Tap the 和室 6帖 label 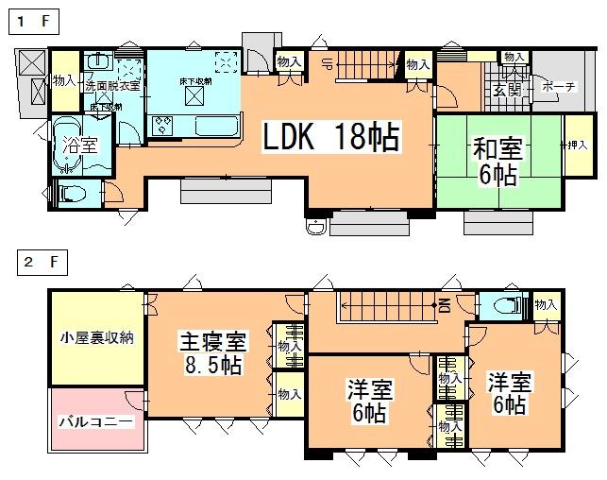click(495, 160)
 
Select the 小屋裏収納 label click(97, 337)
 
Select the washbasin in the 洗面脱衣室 click(98, 61)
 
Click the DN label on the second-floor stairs click(443, 304)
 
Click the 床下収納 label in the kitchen click(195, 82)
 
